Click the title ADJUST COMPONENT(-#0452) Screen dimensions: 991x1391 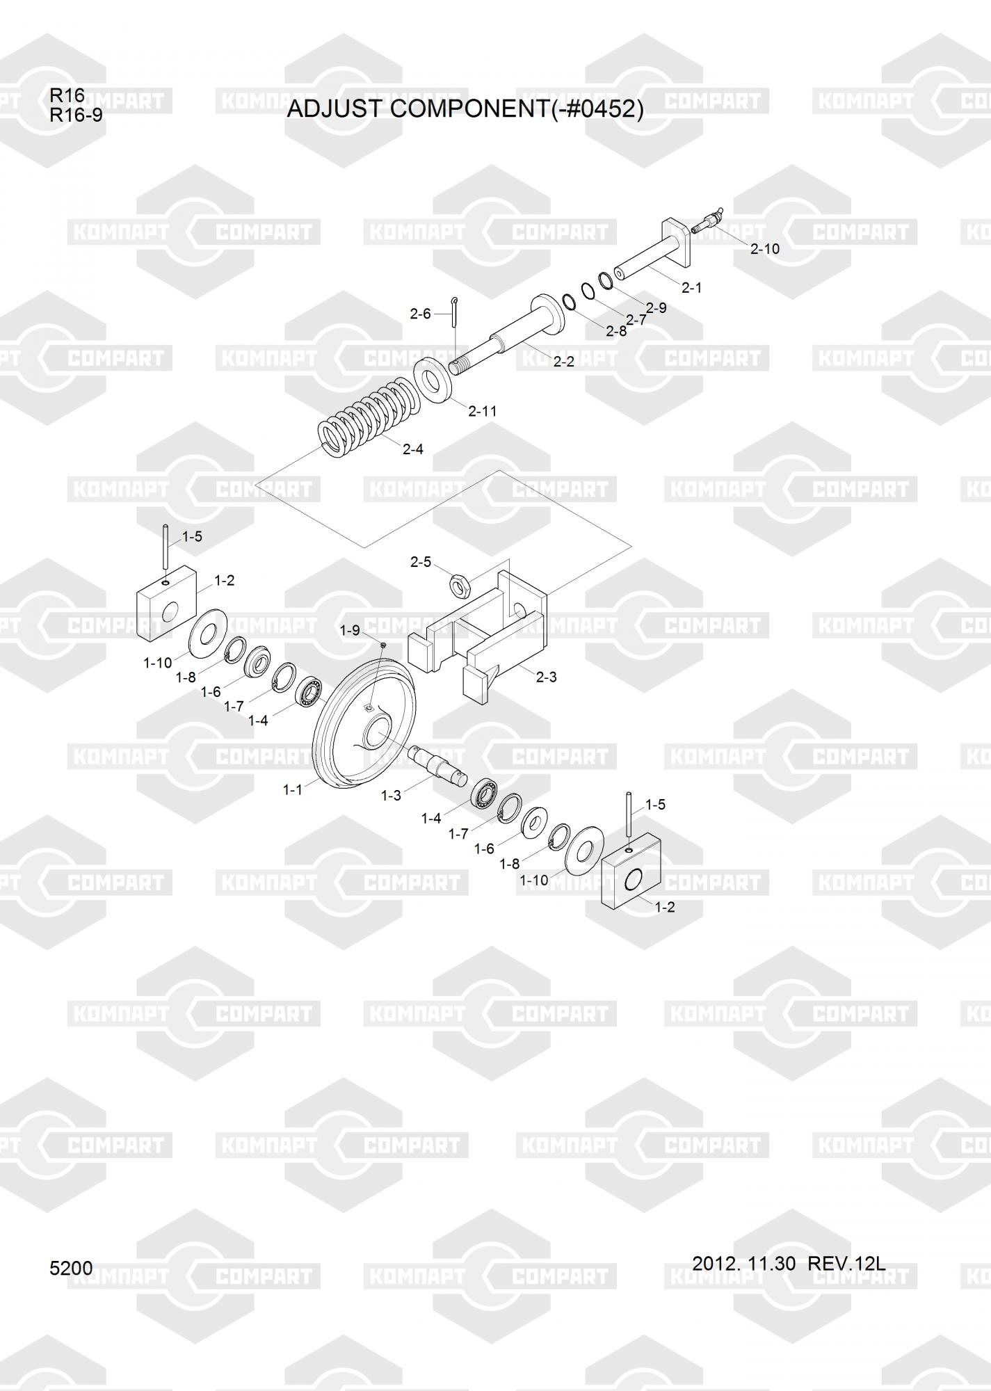coord(465,108)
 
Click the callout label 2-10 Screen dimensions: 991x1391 coord(765,248)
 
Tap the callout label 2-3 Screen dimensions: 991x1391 coord(547,677)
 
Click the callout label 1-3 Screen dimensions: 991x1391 coord(391,795)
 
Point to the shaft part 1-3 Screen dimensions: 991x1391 coord(438,764)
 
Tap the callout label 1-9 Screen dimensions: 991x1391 coord(350,630)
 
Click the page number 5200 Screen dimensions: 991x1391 coord(71,1269)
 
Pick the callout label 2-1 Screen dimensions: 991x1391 coord(691,287)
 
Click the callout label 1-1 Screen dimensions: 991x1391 coord(293,790)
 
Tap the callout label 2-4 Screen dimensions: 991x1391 coord(413,449)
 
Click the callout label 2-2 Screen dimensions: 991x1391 coord(563,362)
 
